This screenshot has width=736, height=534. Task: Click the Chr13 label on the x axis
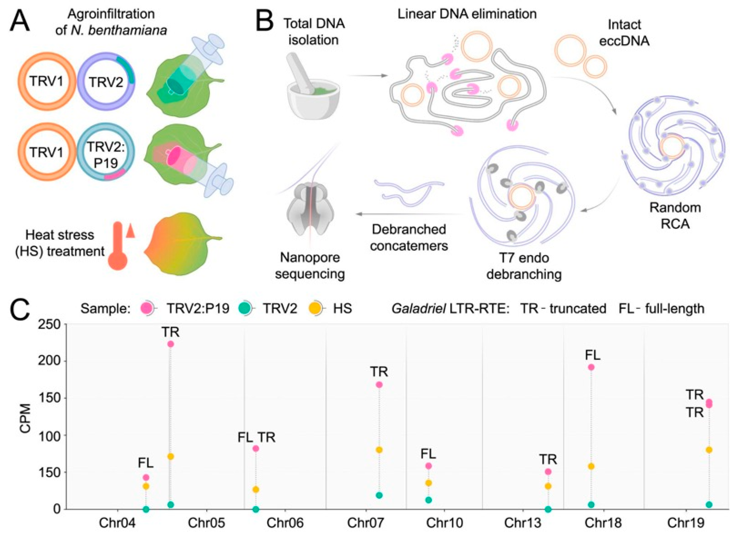(x=523, y=523)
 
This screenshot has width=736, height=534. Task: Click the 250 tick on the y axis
(x=49, y=324)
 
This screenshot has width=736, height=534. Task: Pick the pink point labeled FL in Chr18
(x=591, y=367)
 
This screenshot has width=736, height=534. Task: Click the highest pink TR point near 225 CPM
(x=171, y=344)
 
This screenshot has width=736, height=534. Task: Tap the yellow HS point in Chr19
(x=709, y=450)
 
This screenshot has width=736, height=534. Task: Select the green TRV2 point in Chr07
(x=379, y=495)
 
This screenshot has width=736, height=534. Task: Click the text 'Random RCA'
(x=675, y=216)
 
